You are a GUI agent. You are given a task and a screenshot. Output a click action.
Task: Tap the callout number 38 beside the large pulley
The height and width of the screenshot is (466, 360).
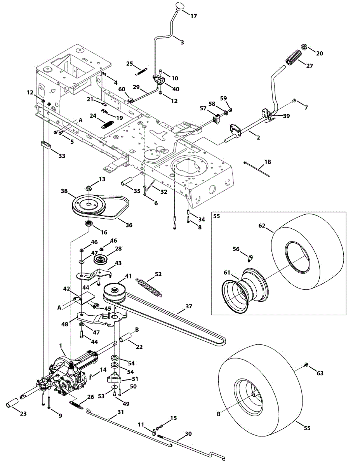point(65,191)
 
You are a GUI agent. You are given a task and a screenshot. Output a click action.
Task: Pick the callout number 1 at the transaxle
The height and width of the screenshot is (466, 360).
point(60,345)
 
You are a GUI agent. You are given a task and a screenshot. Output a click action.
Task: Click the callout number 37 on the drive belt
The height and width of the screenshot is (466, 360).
point(189,306)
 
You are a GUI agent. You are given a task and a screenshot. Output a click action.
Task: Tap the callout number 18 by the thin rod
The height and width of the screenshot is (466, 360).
point(268,161)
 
